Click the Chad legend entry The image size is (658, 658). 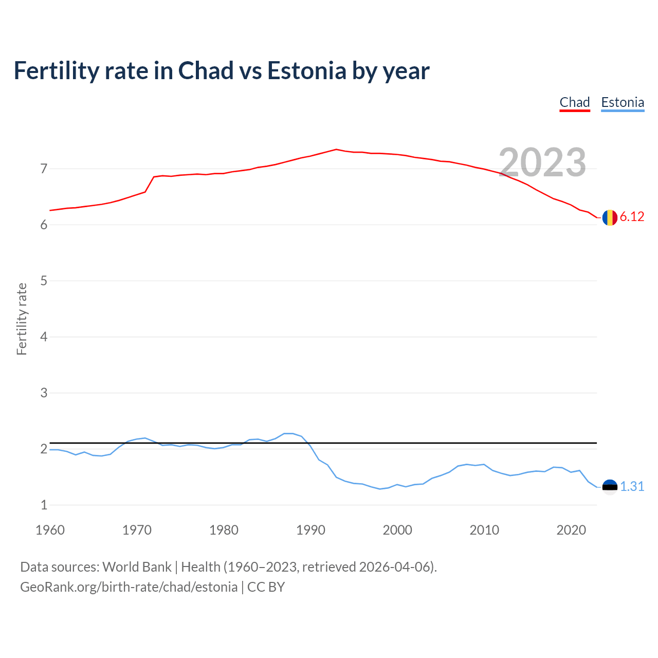[574, 102]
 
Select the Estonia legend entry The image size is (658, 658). [623, 102]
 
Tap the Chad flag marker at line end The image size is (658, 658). [610, 217]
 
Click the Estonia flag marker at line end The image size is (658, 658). [610, 487]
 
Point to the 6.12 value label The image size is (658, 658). [632, 217]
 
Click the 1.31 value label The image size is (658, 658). [632, 486]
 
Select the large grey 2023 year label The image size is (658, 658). [542, 162]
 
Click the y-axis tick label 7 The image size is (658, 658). [44, 169]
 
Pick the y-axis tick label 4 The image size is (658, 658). [44, 337]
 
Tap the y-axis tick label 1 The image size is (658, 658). [44, 505]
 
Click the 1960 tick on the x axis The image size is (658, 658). [50, 530]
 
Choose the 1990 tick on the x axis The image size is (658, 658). [310, 530]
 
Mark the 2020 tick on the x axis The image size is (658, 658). [571, 530]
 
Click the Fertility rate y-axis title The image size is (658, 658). [22, 319]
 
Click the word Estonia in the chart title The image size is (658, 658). [306, 71]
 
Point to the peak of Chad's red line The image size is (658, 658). [336, 149]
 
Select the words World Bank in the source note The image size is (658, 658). [137, 567]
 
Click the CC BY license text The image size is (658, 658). [266, 587]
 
